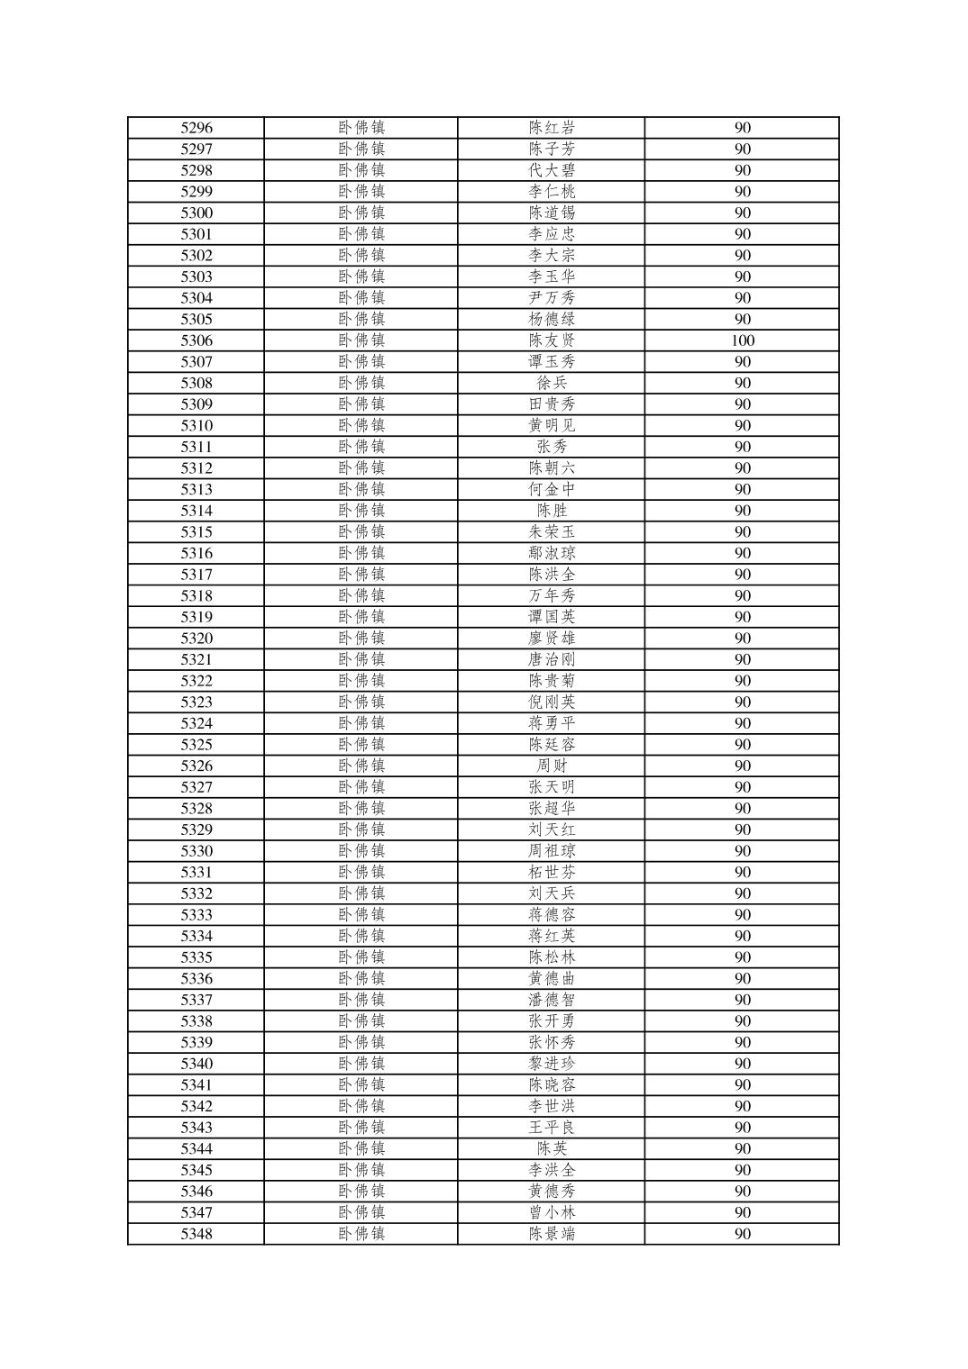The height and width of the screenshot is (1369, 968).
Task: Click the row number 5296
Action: coord(196,128)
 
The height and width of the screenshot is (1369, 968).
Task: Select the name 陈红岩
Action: coord(552,128)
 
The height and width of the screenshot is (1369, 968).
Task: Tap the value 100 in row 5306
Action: coord(743,340)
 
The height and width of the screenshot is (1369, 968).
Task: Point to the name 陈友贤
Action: coord(552,340)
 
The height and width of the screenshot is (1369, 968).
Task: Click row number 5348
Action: coord(196,1234)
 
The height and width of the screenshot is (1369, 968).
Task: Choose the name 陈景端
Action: coord(552,1234)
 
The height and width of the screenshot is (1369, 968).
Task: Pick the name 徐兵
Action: coord(552,383)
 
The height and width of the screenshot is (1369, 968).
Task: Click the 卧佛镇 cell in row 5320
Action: coord(361,639)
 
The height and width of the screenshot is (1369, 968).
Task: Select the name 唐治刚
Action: coord(552,659)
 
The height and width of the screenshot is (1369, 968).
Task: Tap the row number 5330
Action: coord(196,851)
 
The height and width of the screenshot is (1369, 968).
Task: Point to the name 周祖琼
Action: coord(552,851)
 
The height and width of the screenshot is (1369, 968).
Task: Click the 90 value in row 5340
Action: coord(743,1064)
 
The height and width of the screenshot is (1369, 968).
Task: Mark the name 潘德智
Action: coord(552,1000)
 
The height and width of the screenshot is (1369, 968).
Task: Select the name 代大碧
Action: coord(552,170)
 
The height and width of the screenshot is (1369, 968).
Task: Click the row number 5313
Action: coord(196,489)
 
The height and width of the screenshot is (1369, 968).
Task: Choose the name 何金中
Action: coord(552,489)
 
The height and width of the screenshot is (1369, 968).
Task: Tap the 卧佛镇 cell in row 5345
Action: coord(361,1170)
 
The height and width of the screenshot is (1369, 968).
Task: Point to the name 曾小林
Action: coord(552,1212)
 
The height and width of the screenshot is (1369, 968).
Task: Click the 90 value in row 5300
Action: coord(743,213)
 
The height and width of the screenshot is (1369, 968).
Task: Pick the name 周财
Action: coord(552,766)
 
